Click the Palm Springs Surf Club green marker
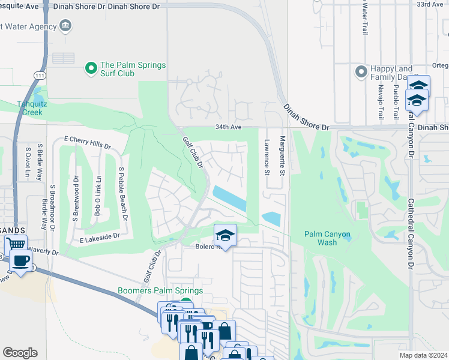91,69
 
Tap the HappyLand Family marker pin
361,71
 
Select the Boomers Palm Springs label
160,291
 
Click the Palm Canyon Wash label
328,238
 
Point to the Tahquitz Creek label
29,107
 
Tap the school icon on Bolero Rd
225,235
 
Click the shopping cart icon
16,244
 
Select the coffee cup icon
22,262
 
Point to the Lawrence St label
267,157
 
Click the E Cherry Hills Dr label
88,142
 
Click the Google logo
20,353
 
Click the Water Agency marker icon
65,26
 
